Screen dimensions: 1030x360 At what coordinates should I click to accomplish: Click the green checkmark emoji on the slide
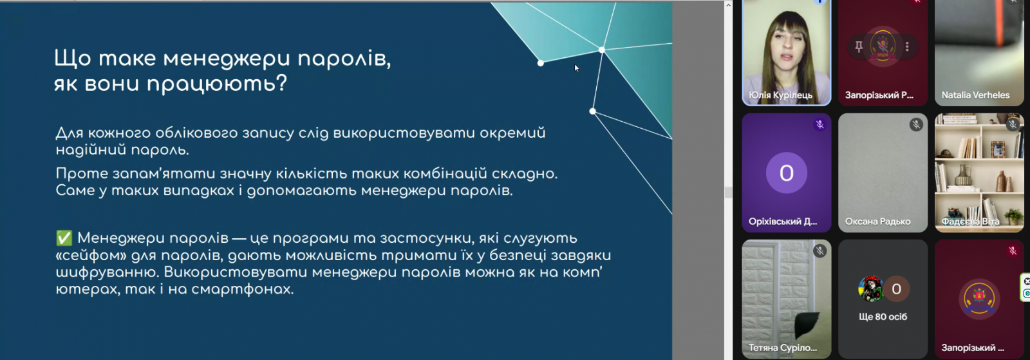pyautogui.click(x=64, y=238)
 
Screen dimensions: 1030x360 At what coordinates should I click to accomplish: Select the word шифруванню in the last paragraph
pyautogui.click(x=106, y=272)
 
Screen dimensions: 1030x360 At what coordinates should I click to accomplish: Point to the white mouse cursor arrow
pyautogui.click(x=577, y=68)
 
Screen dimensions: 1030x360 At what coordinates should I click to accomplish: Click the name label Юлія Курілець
pyautogui.click(x=780, y=95)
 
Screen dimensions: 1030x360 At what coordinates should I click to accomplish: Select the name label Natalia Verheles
pyautogui.click(x=975, y=95)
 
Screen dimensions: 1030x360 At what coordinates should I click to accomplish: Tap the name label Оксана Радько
pyautogui.click(x=877, y=222)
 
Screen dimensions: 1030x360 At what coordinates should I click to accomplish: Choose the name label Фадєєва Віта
pyautogui.click(x=970, y=222)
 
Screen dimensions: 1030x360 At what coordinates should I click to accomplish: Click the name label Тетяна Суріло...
pyautogui.click(x=783, y=348)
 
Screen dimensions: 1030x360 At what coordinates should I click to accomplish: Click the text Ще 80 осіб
pyautogui.click(x=883, y=317)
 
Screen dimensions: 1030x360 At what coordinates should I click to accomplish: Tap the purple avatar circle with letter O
pyautogui.click(x=786, y=173)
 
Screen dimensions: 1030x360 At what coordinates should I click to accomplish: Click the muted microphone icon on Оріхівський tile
pyautogui.click(x=819, y=124)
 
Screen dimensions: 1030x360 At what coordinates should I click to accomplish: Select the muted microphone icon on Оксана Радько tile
pyautogui.click(x=916, y=124)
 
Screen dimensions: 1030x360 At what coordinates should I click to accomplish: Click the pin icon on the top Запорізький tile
pyautogui.click(x=859, y=46)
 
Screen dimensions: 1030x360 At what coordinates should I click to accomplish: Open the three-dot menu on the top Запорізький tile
pyautogui.click(x=907, y=46)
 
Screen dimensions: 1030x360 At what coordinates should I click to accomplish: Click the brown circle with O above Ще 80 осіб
pyautogui.click(x=896, y=289)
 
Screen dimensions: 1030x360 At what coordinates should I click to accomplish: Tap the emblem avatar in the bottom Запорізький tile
pyautogui.click(x=979, y=298)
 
